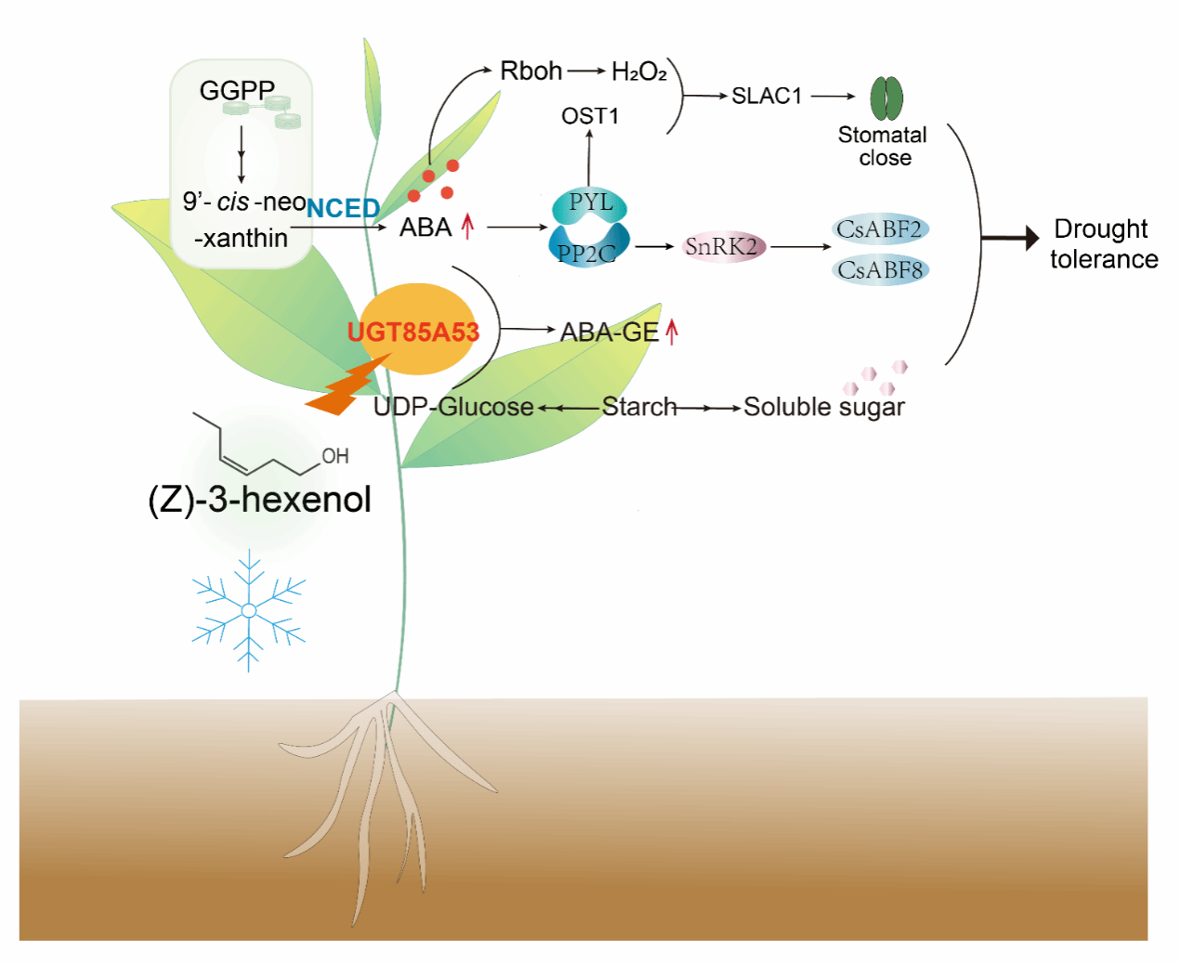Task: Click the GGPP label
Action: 237,90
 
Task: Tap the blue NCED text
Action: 343,208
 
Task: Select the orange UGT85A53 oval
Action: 415,330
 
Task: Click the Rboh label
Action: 531,71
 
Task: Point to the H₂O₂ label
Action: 639,72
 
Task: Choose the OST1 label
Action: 590,116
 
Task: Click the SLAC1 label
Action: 767,96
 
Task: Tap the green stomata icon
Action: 886,98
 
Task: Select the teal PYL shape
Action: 590,203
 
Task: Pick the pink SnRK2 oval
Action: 722,247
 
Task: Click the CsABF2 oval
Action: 879,229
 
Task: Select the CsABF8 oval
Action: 880,270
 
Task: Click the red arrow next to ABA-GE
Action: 672,331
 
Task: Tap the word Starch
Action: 639,407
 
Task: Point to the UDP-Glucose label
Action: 453,407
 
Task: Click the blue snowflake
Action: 249,610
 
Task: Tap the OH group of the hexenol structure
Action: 334,456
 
